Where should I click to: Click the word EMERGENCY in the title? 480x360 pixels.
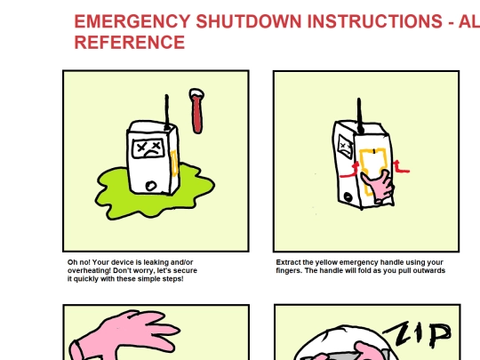point(132,21)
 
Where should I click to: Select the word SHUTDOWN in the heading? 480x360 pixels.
point(249,21)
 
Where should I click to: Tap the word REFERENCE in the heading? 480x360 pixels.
point(130,42)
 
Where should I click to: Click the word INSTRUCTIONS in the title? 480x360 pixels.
point(375,21)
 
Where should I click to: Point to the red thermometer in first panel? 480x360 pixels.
point(196,111)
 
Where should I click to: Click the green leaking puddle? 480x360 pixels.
point(155,191)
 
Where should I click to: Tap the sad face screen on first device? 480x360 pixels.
point(148,148)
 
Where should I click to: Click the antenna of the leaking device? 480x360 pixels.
point(167,111)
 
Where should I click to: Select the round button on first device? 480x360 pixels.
point(150,186)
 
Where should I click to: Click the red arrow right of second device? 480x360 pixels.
point(401,167)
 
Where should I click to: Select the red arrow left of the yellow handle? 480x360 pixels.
point(350,172)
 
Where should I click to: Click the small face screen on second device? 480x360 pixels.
point(345,148)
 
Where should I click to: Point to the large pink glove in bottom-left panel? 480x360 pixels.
point(124,335)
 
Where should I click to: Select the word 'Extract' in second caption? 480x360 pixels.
point(288,262)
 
